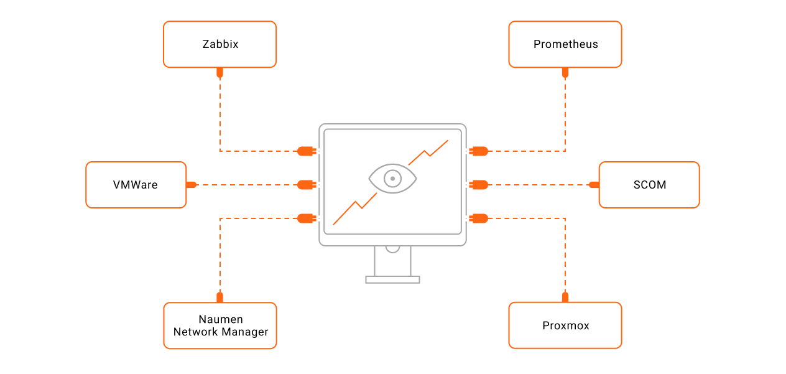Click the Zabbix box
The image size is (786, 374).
(220, 44)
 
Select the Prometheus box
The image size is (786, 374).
(565, 44)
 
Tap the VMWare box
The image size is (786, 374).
(136, 185)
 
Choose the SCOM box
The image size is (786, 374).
(649, 185)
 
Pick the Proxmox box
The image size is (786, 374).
(565, 325)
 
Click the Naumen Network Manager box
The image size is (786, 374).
(220, 325)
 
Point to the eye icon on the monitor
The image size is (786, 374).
(392, 179)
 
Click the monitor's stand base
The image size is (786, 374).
(392, 279)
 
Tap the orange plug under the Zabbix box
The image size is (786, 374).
(220, 73)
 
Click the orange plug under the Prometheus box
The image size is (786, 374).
(565, 73)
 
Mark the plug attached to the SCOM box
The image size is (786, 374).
(594, 185)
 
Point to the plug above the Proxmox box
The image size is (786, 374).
(565, 297)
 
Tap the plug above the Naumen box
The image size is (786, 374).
(220, 297)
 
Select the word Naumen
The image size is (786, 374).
(221, 319)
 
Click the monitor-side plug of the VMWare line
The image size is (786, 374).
(306, 185)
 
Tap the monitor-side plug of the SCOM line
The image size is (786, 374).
(479, 185)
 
